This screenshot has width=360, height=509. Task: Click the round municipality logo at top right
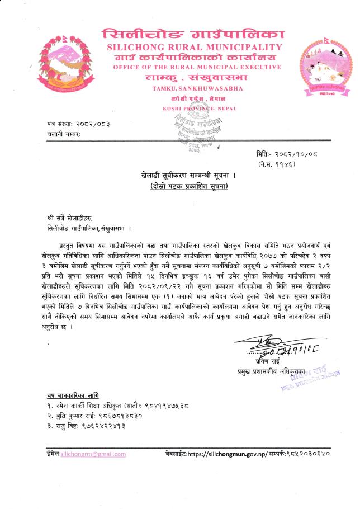pyautogui.click(x=324, y=67)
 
